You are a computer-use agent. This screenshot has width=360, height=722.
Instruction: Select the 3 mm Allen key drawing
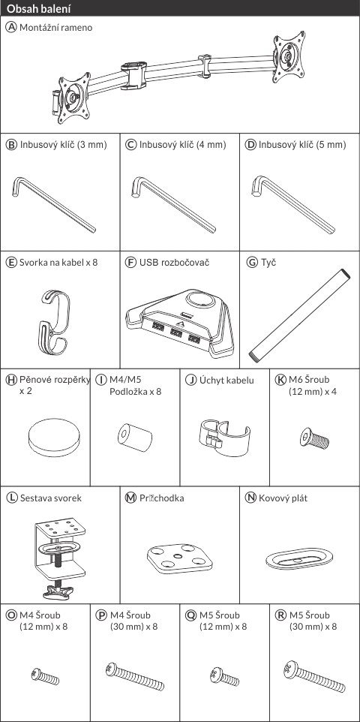(54, 205)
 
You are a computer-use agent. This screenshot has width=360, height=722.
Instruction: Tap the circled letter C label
(131, 145)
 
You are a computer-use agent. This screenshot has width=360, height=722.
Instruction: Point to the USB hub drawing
(179, 322)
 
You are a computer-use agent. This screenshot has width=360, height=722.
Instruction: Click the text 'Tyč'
(268, 263)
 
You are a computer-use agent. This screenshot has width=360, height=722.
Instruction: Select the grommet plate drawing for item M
(180, 558)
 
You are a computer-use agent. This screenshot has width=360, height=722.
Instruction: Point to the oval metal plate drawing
(299, 558)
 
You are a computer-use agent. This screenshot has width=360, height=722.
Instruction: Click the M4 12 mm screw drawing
(45, 676)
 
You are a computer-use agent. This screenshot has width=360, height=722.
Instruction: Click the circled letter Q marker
(190, 615)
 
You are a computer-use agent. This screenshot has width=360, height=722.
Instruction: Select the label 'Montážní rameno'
(55, 28)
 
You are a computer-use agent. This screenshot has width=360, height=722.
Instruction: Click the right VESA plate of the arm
(289, 57)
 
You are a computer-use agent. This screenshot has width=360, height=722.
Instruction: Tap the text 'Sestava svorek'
(51, 498)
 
